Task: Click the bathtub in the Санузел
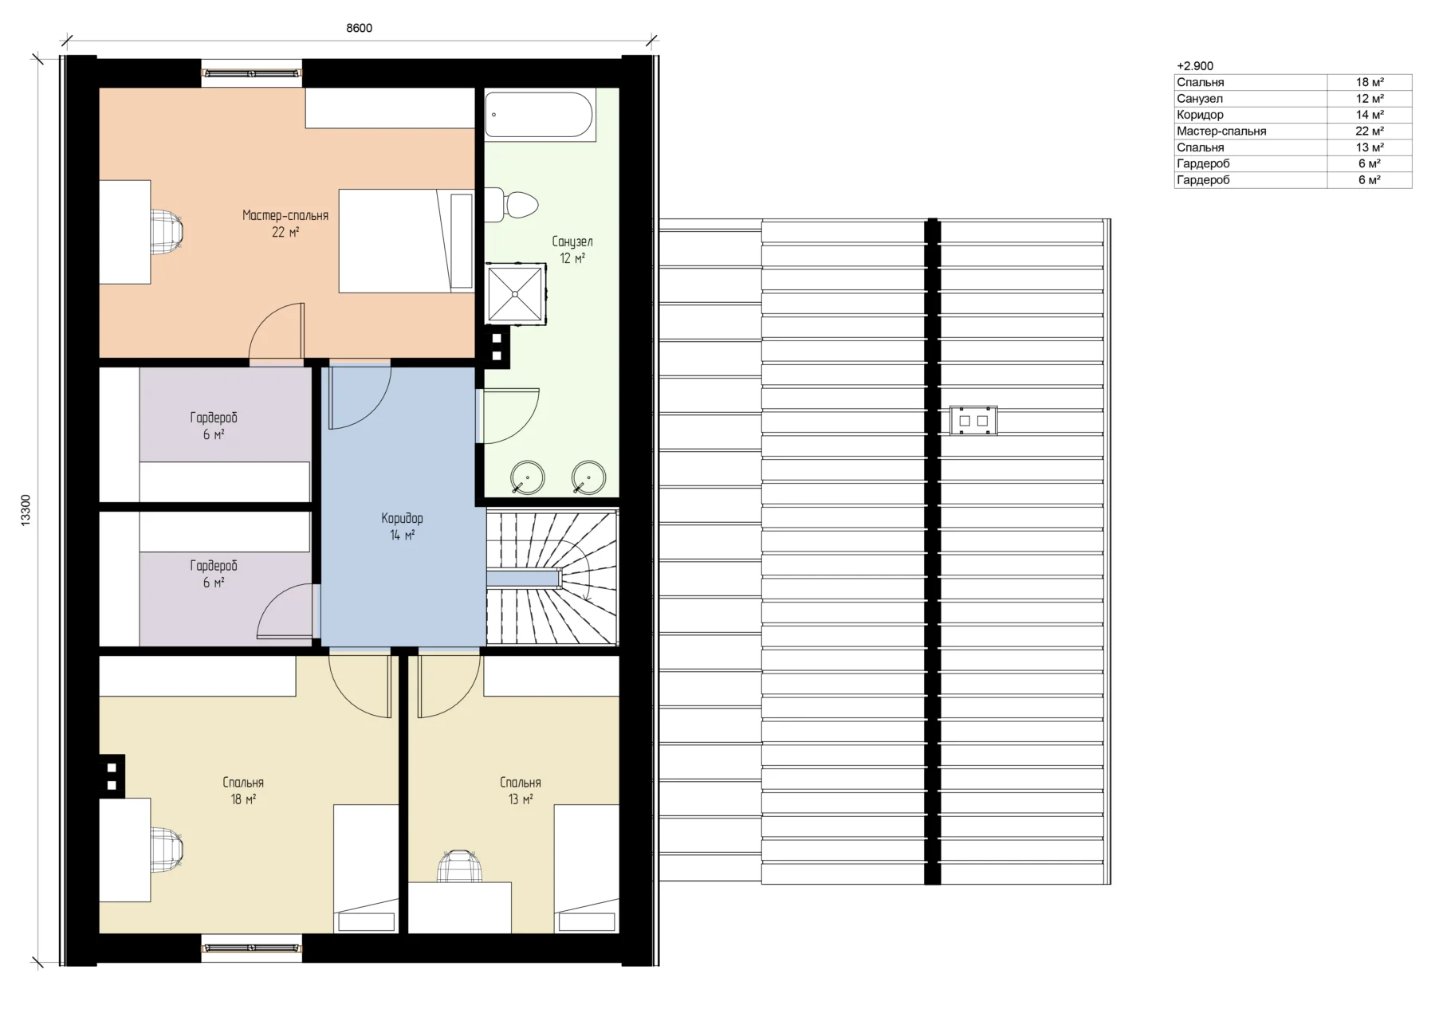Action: [539, 115]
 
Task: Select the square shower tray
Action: [516, 294]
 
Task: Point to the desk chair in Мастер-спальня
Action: [167, 232]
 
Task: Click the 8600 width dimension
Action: [359, 28]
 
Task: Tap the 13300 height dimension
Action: [26, 510]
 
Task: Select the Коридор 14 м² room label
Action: [402, 527]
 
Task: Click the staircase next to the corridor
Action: [552, 577]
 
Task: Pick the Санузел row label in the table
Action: [1199, 99]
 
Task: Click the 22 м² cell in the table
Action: [1370, 131]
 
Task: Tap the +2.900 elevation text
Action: [1195, 66]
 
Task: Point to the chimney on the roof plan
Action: [973, 420]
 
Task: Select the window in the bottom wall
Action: [252, 948]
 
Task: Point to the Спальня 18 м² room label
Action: [243, 791]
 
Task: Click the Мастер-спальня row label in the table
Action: [1221, 131]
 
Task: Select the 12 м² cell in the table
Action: [1370, 99]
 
